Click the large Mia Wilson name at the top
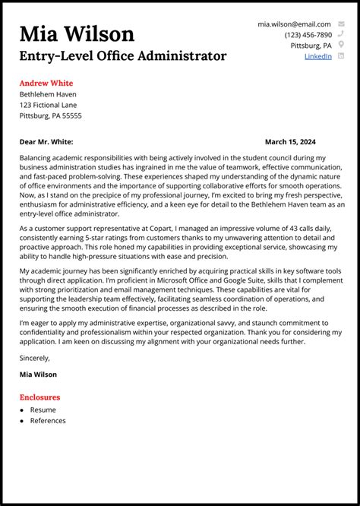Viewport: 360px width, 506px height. click(x=77, y=33)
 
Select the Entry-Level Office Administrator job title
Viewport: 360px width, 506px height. click(x=123, y=56)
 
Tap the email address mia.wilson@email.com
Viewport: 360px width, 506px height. click(x=294, y=24)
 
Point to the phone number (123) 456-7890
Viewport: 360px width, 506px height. click(x=308, y=35)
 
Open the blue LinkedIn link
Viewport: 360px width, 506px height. click(x=317, y=56)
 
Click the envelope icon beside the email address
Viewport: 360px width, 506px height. click(x=341, y=24)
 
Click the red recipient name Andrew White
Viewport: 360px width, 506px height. click(x=46, y=83)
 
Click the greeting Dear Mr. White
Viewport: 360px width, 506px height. click(x=46, y=141)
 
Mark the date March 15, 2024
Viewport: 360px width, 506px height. click(x=290, y=141)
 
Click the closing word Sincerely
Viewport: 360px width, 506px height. click(x=35, y=358)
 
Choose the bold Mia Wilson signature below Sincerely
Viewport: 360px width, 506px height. click(x=38, y=375)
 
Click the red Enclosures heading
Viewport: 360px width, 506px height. click(x=39, y=397)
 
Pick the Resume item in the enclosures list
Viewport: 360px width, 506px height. click(x=43, y=410)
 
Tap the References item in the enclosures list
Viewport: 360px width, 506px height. click(x=48, y=420)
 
